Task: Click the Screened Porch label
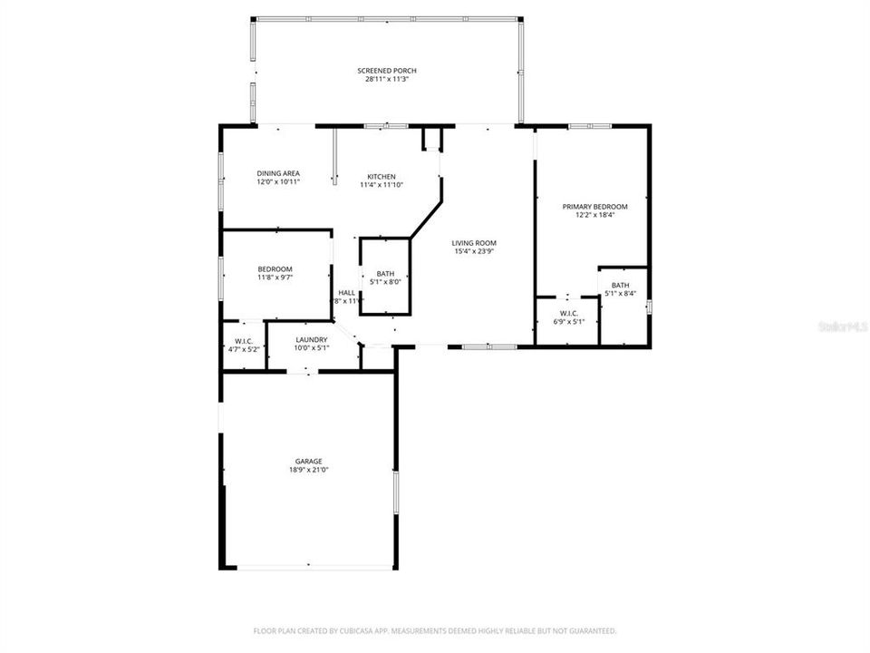pos(387,71)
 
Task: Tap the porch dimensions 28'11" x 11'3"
pos(387,79)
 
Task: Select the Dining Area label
pos(278,173)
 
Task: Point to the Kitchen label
pos(382,176)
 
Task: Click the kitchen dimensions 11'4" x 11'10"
pos(382,184)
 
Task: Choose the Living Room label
pos(475,242)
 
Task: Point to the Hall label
pos(347,292)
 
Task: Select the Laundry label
pos(311,340)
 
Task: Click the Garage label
pos(308,461)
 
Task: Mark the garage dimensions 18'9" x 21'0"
pos(308,470)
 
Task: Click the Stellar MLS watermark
pos(844,324)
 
